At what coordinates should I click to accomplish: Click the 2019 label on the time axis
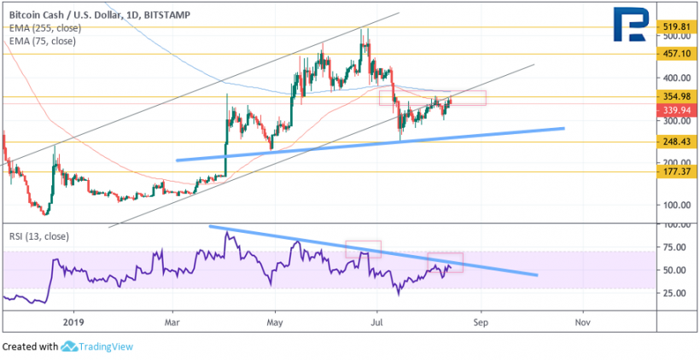[74, 322]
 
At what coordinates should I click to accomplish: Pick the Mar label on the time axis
[172, 322]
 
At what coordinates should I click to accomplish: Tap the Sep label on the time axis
[481, 322]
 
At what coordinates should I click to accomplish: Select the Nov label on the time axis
[583, 322]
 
